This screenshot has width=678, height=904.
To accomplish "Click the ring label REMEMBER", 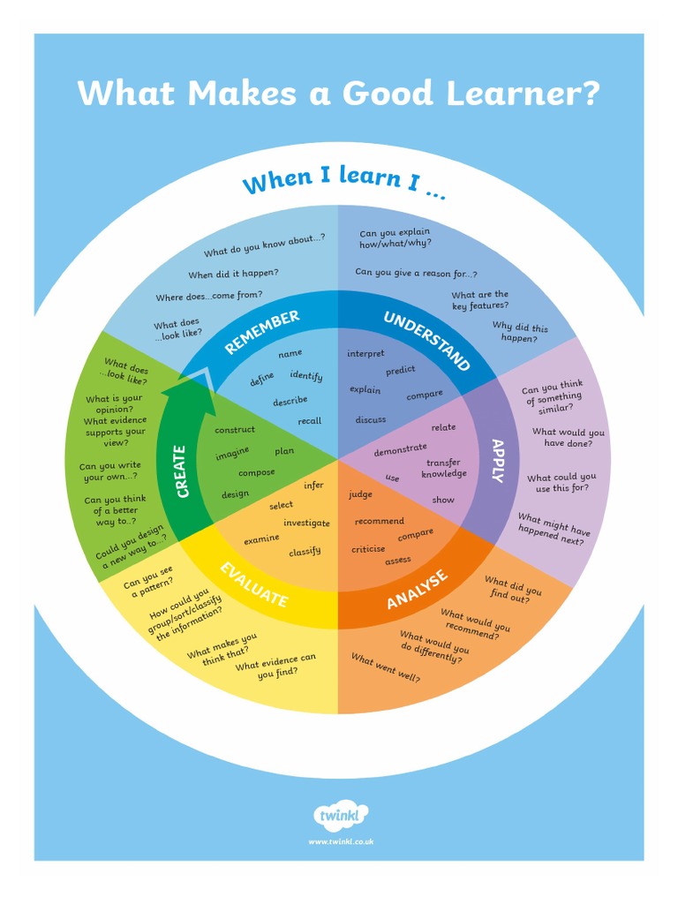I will (x=262, y=332).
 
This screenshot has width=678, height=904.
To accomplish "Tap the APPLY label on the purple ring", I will (x=498, y=460).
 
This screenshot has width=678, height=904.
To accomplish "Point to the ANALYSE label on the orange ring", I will (x=418, y=589).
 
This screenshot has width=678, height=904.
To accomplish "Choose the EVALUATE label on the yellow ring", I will (x=254, y=584).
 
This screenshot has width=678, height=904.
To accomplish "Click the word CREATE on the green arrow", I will (x=183, y=471).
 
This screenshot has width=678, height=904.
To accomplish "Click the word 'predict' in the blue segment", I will (x=400, y=371).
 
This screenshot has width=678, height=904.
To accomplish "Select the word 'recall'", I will (x=309, y=421).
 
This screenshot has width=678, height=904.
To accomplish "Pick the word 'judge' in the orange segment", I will (x=360, y=494).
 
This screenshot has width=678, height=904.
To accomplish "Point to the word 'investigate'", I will (x=306, y=523).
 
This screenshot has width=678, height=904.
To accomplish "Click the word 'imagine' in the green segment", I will (x=232, y=455).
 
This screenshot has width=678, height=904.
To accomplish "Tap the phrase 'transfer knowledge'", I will (x=443, y=468).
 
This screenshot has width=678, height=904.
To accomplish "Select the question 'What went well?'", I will (x=386, y=668).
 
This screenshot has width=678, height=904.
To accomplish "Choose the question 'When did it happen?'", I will (x=233, y=274).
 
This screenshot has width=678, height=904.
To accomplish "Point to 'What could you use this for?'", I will (x=561, y=483).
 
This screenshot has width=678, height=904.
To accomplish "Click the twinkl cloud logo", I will (x=341, y=815).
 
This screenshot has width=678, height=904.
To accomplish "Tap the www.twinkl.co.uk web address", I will (x=341, y=841).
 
